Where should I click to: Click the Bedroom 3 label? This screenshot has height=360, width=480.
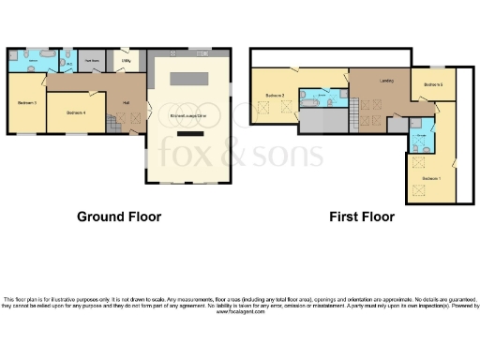tap(26, 101)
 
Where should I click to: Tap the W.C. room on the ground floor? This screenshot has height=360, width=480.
tap(69, 64)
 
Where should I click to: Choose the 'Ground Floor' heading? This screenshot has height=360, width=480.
tap(119, 217)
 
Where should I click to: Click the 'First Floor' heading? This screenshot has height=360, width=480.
tap(361, 217)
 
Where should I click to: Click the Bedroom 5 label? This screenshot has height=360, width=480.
tap(432, 85)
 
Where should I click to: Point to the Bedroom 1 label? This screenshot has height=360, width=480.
tap(430, 177)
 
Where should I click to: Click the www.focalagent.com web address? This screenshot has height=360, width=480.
tap(240, 311)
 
